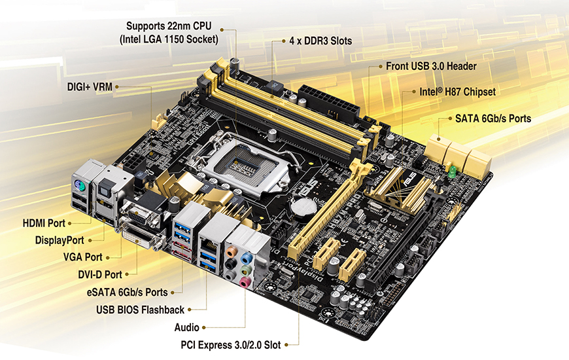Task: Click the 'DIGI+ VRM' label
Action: point(90,87)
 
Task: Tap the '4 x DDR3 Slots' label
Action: point(320,41)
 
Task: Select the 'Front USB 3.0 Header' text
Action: point(431,66)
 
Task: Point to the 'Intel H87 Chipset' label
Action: point(458,92)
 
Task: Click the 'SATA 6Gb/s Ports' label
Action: point(492,118)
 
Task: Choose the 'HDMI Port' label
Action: point(44,223)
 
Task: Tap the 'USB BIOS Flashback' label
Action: point(140,310)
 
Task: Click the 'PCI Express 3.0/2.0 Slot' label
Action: point(231,345)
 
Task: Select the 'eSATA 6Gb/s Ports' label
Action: point(127,293)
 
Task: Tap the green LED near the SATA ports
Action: point(452,172)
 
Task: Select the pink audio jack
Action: point(244,282)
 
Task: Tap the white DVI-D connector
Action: point(141,237)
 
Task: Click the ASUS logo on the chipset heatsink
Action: point(411,179)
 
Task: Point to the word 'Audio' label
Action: point(186,327)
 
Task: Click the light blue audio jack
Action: point(247,258)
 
